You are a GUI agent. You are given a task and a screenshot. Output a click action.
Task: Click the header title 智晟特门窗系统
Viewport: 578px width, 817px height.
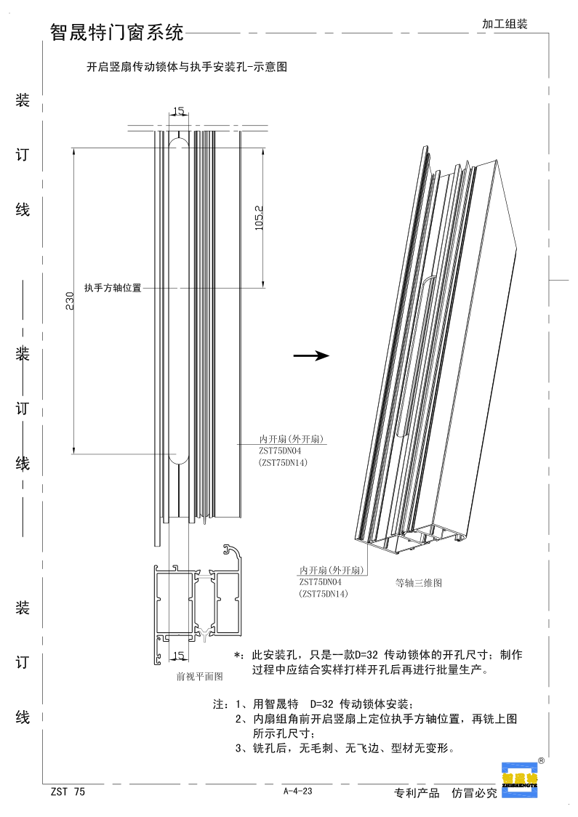[x=116, y=32]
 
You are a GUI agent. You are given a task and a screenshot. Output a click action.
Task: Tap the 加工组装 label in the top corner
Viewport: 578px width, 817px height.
[x=504, y=24]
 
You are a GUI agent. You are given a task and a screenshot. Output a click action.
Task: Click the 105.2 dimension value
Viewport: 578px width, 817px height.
[x=259, y=217]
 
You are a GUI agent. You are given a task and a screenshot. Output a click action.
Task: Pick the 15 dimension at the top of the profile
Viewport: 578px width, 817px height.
[x=178, y=111]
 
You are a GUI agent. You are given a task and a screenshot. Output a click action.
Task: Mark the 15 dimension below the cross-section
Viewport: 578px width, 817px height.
[x=178, y=656]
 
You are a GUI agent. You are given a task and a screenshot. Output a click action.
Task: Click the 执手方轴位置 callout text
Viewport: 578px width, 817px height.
[x=112, y=288]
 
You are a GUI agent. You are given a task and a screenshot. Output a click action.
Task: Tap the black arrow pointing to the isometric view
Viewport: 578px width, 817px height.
[x=310, y=355]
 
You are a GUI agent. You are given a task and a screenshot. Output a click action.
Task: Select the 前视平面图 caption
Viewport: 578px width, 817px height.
[x=199, y=676]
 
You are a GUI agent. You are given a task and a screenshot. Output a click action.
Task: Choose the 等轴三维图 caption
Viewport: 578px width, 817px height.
[x=418, y=583]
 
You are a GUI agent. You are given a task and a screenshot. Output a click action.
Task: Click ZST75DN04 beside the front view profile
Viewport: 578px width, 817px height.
[x=279, y=451]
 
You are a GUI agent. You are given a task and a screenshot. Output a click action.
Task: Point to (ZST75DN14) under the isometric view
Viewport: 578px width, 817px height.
[x=324, y=595]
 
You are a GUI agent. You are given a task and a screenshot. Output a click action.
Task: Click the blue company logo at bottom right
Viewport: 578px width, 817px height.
[x=519, y=780]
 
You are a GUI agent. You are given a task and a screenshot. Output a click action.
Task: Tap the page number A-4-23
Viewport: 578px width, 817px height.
[x=298, y=792]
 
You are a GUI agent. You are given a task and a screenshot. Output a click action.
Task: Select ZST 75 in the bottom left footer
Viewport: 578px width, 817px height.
[x=68, y=792]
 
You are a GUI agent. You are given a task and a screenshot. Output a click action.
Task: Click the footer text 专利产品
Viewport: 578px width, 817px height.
[x=417, y=793]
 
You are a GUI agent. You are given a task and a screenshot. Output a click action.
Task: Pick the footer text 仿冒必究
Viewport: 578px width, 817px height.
[x=474, y=793]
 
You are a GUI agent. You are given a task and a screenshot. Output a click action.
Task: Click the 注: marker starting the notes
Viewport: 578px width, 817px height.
[x=220, y=704]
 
